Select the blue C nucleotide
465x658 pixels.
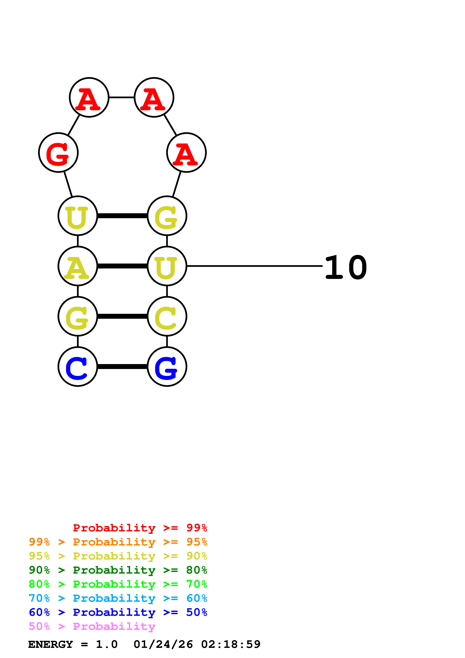[78, 367]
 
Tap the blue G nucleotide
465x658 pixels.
[167, 367]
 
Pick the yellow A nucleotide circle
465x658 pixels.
[78, 266]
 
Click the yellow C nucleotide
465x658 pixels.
[167, 316]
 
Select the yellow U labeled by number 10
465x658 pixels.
[167, 266]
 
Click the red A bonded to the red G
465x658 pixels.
[89, 97]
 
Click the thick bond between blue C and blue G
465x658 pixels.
[122, 367]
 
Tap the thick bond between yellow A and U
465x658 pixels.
[122, 266]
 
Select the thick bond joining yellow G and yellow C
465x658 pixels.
[122, 316]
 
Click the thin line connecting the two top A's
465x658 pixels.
[122, 97]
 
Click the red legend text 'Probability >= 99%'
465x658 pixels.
[140, 528]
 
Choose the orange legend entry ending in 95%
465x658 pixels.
[118, 542]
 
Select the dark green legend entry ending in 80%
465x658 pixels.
[118, 570]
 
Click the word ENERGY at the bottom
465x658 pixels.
[50, 644]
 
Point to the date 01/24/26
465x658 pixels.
[163, 644]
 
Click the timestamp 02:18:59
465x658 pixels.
[231, 644]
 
